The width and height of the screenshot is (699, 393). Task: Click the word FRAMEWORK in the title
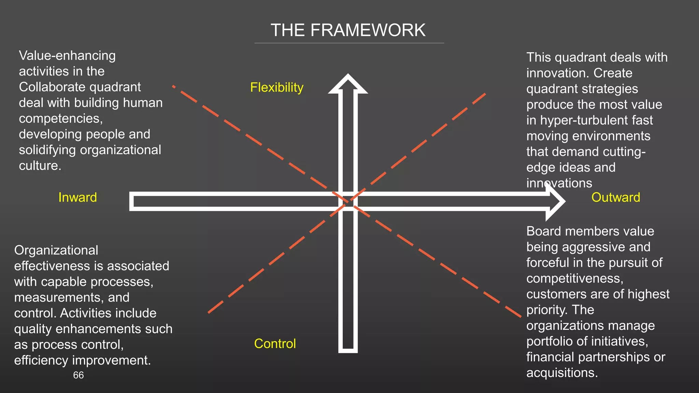pos(368,30)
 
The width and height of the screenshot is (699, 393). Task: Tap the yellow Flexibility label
pos(276,88)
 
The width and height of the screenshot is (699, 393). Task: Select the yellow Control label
pos(275,344)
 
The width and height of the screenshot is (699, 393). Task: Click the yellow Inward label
pos(77,198)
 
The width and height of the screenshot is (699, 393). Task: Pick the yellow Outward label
pos(615,198)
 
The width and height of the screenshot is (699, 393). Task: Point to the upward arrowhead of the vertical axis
pos(348,84)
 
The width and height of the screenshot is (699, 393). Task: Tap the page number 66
pos(78,375)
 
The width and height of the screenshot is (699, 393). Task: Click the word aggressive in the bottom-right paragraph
pos(594,247)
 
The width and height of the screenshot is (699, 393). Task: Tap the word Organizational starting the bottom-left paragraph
pos(56,250)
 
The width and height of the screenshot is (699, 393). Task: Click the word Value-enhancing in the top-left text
pos(67,56)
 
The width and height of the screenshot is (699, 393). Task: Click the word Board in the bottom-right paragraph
pos(544,231)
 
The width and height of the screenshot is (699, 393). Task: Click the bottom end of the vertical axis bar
pos(348,350)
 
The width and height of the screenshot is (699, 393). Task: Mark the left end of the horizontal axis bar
pos(132,201)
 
